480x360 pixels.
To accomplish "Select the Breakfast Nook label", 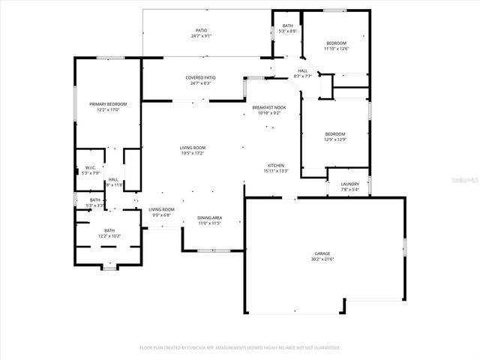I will click(x=268, y=108).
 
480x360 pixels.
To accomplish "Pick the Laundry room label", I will click(x=349, y=184).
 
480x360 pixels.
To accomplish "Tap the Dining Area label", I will click(x=210, y=217).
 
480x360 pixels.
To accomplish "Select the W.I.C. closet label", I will click(x=89, y=167).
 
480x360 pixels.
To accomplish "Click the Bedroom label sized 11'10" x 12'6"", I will click(x=336, y=43).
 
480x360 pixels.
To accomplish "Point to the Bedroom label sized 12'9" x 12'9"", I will click(x=334, y=133).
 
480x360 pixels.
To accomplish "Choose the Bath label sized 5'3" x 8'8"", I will click(x=288, y=26).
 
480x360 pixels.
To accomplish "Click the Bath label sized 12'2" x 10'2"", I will click(x=109, y=230).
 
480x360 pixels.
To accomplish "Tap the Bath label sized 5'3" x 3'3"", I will click(x=94, y=200).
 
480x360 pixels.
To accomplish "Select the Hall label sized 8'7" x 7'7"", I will click(x=302, y=71).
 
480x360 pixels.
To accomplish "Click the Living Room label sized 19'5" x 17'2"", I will click(x=193, y=148).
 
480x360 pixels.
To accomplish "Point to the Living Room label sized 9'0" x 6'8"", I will click(x=160, y=209).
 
